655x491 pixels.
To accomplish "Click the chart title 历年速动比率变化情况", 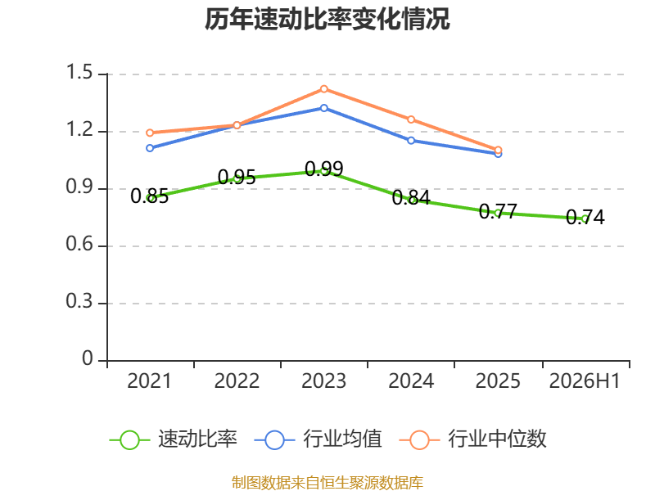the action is [327, 19].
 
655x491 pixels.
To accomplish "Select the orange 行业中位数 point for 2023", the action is [324, 89].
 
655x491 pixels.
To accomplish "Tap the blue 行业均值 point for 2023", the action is [324, 108].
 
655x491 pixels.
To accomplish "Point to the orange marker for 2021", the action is [150, 133].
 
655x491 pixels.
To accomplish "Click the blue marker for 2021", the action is [150, 148].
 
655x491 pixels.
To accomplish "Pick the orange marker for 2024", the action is [411, 119].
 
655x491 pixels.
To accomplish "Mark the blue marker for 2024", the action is [411, 141].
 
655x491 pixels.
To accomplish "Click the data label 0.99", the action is [324, 169].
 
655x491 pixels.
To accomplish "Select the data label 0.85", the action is [150, 196].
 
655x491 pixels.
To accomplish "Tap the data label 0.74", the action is [585, 218].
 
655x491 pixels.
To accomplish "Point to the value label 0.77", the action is [498, 212].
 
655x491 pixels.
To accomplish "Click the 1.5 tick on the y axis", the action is [79, 72].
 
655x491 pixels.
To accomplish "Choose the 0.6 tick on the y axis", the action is [79, 244].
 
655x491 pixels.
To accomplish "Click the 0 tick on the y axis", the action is [88, 358].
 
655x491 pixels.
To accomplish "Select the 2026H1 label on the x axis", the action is [585, 381].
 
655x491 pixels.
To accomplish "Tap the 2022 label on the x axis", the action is [237, 381].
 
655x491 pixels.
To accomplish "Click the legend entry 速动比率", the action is [174, 439].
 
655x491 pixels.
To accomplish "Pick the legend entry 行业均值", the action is [318, 439].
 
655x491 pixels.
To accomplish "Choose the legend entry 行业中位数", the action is [473, 439].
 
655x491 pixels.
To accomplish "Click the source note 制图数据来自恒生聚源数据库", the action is [327, 483].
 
